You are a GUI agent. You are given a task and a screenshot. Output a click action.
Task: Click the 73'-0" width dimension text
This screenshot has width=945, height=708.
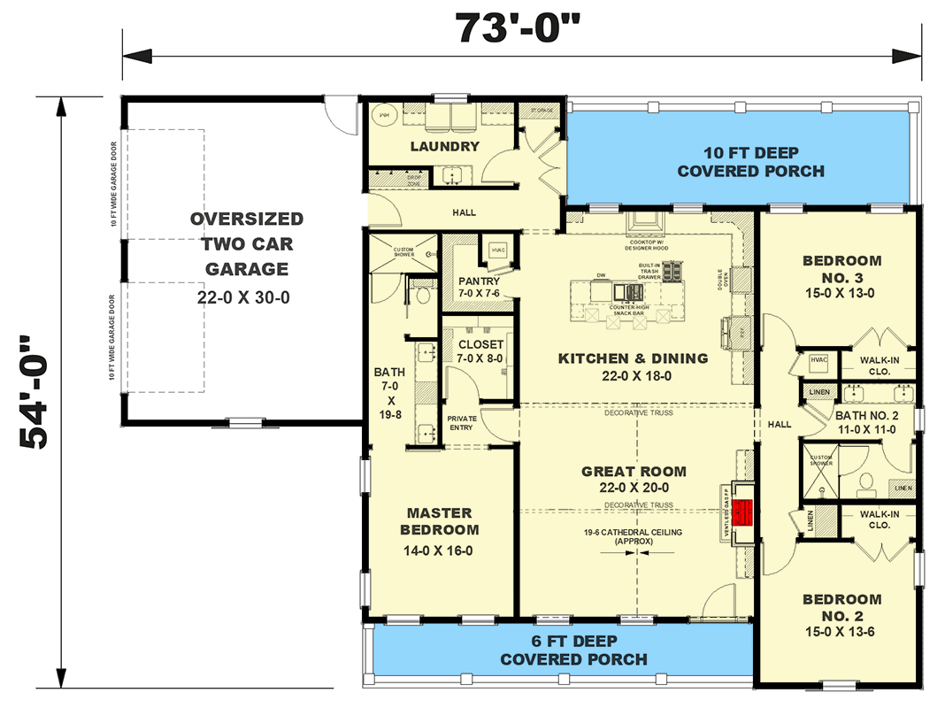519,28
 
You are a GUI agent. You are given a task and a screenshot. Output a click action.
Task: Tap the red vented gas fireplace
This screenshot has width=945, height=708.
744,512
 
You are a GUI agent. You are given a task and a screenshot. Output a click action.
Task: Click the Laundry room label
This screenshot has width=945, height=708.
444,146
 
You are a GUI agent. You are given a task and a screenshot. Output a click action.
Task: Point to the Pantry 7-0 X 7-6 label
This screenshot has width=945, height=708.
479,288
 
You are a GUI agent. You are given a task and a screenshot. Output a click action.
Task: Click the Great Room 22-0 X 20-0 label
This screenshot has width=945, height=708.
634,480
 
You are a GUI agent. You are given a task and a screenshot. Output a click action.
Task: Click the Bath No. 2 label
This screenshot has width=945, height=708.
865,421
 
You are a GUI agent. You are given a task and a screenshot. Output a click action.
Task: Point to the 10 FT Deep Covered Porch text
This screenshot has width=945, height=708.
750,161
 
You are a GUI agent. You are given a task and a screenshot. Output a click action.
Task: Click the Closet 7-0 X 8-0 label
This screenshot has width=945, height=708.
481,351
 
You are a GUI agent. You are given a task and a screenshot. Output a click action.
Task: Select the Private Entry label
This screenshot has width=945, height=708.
462,423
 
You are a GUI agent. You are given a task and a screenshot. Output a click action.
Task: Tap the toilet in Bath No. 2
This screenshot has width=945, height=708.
865,481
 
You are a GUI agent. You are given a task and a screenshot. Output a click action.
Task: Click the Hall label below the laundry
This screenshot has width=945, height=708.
463,212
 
